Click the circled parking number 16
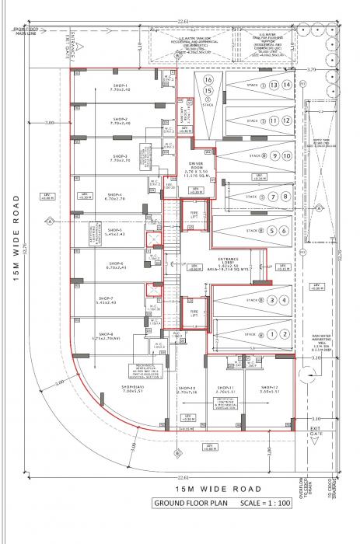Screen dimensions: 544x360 click(x=208, y=79)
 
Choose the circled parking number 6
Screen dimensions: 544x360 click(x=287, y=231)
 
